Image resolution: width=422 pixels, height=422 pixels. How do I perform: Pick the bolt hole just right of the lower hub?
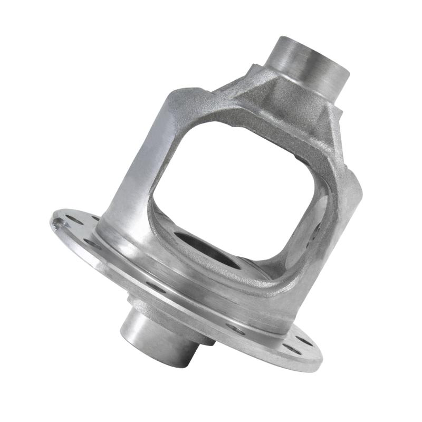pos(235,329)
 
